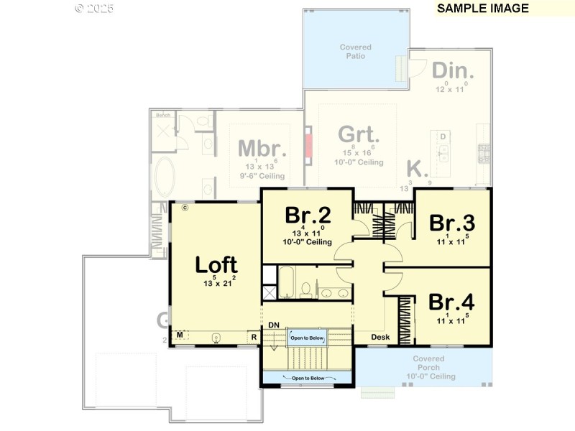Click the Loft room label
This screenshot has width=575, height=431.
pos(216,264)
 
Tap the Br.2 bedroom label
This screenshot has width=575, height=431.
pos(308,215)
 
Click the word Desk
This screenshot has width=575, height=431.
pos(379,337)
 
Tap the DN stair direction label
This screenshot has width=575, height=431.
pos(274,325)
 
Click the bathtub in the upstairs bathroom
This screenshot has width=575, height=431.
pos(287,282)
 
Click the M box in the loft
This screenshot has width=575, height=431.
pos(180,335)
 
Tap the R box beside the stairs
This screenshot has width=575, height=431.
pos(254,336)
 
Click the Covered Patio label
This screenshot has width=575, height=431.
pos(356,51)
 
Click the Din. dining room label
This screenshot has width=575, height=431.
pos(453,71)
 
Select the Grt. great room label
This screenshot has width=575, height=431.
pos(359,134)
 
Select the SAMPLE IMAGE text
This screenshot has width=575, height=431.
pos(482,9)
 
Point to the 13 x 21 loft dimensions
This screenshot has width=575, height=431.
pos(216,284)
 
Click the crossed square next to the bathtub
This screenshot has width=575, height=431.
pos(269,292)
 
